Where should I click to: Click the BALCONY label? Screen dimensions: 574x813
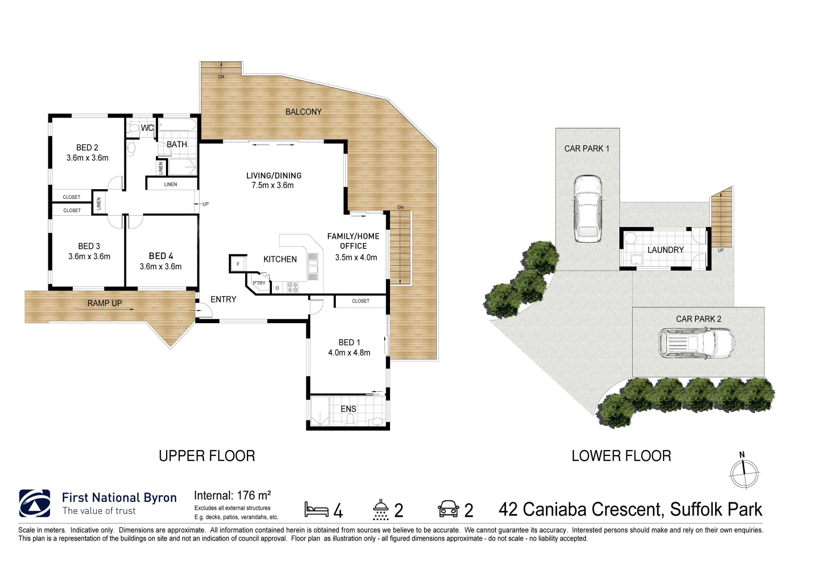(303, 112)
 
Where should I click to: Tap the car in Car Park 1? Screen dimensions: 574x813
(587, 209)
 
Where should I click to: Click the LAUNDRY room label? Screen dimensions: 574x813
(665, 250)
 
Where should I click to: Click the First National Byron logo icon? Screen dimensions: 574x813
(35, 503)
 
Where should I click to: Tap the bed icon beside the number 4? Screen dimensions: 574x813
(316, 509)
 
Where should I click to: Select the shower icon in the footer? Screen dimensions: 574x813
(380, 509)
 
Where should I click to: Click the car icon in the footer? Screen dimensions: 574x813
(448, 509)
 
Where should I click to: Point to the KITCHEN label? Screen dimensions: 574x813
(280, 259)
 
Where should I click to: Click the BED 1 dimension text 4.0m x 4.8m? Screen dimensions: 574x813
(349, 353)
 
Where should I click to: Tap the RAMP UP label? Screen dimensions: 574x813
(105, 303)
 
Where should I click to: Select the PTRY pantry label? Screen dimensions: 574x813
(259, 283)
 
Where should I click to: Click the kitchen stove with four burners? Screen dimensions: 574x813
(293, 288)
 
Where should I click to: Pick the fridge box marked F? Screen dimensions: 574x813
(238, 264)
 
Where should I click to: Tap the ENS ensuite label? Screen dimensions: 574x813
(349, 409)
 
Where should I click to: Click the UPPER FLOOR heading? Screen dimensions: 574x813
(207, 456)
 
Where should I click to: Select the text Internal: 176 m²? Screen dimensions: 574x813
(233, 496)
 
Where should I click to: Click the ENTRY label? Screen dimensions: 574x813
(223, 300)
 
